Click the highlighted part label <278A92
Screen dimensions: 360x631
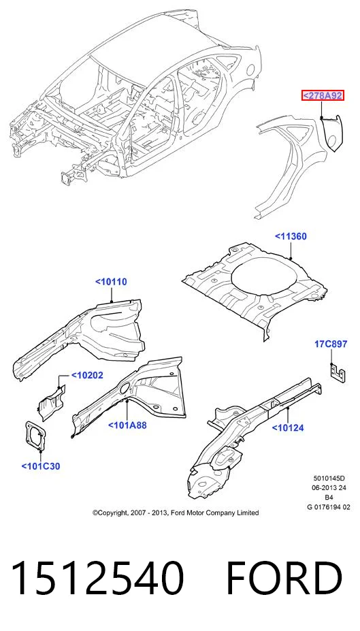coord(323,96)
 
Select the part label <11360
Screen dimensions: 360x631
coord(291,236)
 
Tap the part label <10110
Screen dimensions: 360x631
coord(112,282)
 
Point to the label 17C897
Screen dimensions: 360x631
coord(331,344)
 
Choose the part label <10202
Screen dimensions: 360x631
coord(87,375)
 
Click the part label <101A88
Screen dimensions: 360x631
coord(127,425)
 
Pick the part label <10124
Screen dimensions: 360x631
coord(288,427)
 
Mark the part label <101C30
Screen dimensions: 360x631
coord(41,466)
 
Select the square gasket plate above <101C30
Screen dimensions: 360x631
coord(35,436)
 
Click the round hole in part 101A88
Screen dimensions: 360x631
coord(124,388)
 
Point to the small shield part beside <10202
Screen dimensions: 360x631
coord(51,399)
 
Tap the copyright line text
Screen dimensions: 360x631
coord(176,513)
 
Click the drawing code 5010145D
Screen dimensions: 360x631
coord(329,479)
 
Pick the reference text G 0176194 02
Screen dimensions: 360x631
coord(329,507)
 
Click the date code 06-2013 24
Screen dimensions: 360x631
coord(329,488)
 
